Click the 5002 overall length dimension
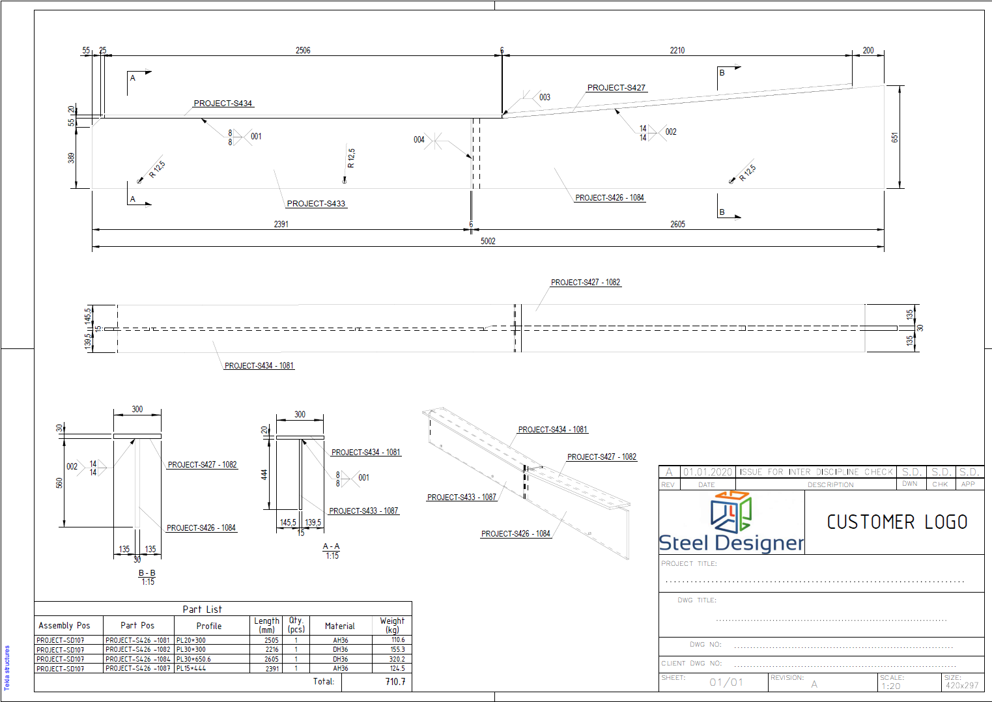[x=488, y=241]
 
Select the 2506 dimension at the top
[x=303, y=50]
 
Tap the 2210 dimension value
[x=677, y=50]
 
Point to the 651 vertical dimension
[x=894, y=137]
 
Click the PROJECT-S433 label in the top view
[x=316, y=204]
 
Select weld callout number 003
[x=545, y=98]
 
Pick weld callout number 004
[x=419, y=139]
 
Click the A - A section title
[x=332, y=546]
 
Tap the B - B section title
[x=147, y=573]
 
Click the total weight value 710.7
[x=395, y=682]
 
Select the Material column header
[x=340, y=626]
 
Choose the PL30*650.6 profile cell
[x=194, y=659]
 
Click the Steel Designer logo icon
[x=731, y=512]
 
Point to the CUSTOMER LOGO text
[x=897, y=522]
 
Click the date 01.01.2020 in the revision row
[x=707, y=472]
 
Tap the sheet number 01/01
[x=726, y=682]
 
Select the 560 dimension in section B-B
[x=59, y=483]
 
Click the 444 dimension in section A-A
[x=264, y=475]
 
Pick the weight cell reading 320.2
[x=397, y=659]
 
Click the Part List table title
[x=202, y=610]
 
